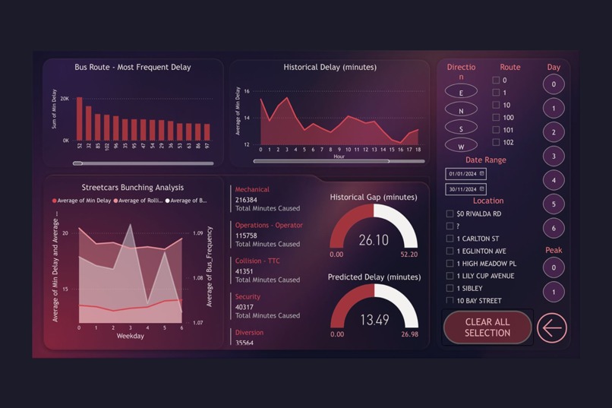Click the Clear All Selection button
tap(487, 327)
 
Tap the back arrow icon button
tap(552, 327)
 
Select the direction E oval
tap(461, 92)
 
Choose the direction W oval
tap(461, 145)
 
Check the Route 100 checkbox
tap(496, 118)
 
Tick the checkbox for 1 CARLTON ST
tap(450, 239)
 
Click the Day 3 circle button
tap(554, 157)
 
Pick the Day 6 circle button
tap(554, 228)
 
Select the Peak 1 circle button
tap(554, 292)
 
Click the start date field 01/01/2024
tap(465, 174)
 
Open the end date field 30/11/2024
tap(465, 189)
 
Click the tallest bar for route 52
tap(79, 119)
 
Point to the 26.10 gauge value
tap(374, 240)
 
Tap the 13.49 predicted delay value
tap(374, 321)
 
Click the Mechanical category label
tap(252, 190)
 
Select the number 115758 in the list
tap(246, 236)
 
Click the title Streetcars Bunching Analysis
tap(133, 188)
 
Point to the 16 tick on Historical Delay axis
tap(247, 91)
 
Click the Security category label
tap(248, 297)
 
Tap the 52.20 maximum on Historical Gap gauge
tap(409, 255)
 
